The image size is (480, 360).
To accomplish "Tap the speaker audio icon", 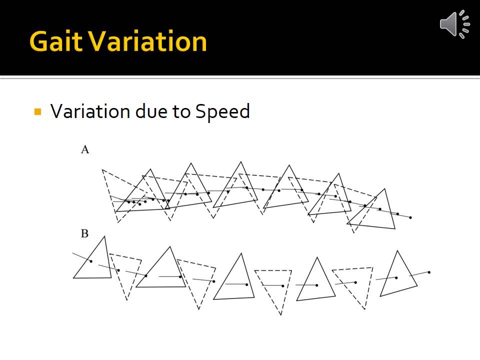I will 454,23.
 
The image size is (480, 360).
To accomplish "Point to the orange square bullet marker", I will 37,111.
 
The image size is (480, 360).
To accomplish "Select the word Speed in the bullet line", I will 222,111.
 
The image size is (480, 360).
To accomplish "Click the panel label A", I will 85,149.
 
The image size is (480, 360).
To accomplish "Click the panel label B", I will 85,233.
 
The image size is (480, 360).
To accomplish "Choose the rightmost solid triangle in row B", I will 398,275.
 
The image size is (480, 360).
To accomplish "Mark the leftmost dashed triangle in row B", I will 124,272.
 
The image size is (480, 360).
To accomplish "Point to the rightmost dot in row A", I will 410,217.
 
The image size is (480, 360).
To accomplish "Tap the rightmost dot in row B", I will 429,272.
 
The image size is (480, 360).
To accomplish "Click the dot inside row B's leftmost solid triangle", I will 90,261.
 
